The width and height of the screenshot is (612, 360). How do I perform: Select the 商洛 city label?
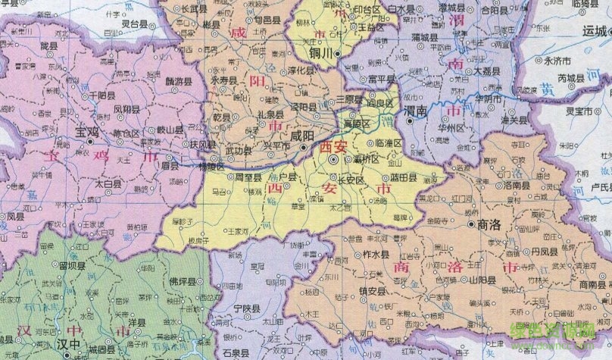pos(492,225)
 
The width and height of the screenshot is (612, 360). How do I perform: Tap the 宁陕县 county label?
pos(247,309)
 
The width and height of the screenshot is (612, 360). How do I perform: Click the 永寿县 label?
pos(224,80)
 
